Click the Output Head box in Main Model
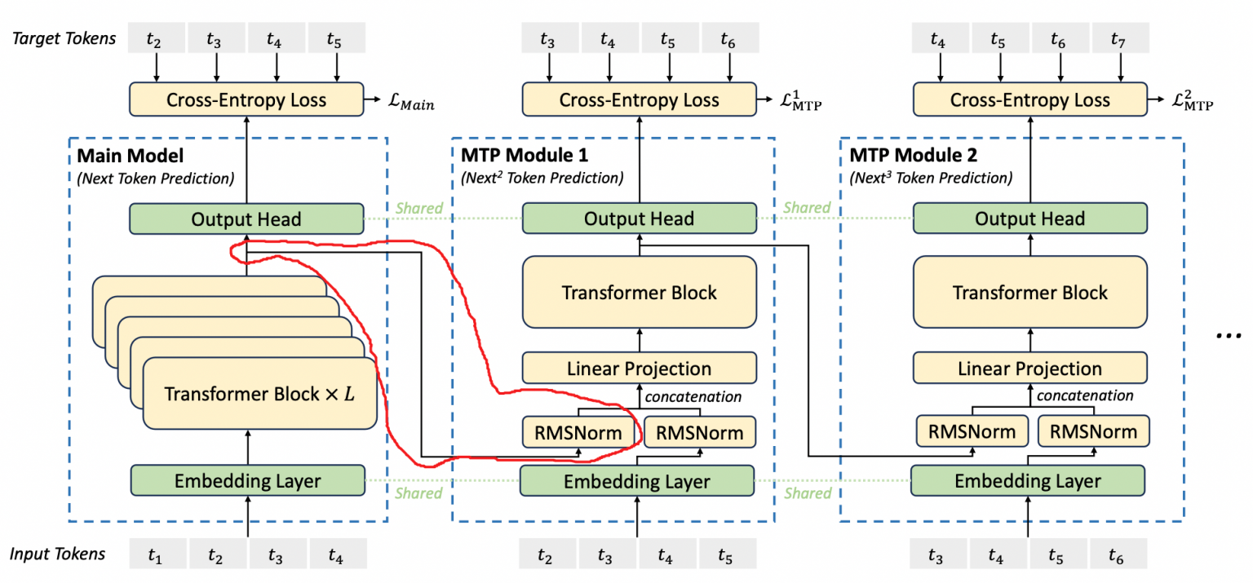(x=246, y=219)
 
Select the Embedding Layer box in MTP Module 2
(x=1028, y=481)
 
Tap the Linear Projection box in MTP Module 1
(x=639, y=369)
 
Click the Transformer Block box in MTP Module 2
(x=1029, y=292)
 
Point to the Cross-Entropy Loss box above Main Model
(x=246, y=100)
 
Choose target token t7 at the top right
(x=1118, y=38)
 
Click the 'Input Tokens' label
(x=57, y=554)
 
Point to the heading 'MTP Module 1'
(x=525, y=155)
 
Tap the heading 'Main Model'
(x=130, y=155)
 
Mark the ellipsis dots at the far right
(x=1228, y=335)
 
